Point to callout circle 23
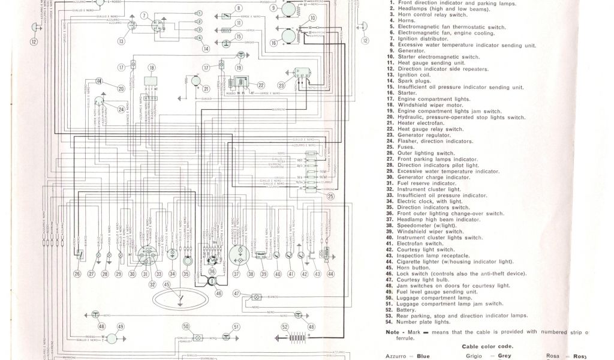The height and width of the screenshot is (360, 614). coord(281,86)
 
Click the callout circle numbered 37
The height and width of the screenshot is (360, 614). coord(236,274)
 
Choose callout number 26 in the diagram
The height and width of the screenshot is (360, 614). coord(77,274)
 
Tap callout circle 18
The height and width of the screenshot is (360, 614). coord(152,68)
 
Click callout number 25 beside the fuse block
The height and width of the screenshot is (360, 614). coord(330,196)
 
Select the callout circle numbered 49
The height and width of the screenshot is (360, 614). coord(121,327)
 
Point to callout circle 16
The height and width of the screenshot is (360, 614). coord(274,43)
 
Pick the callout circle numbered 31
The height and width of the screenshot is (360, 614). coord(145,274)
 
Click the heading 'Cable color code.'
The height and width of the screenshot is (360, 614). coord(487,346)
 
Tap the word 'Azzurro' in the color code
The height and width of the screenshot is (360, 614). coord(398,356)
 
